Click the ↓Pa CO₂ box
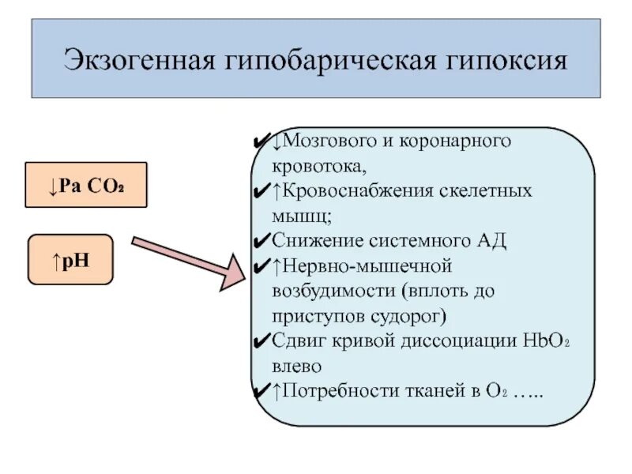(x=86, y=185)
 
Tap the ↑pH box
(x=70, y=258)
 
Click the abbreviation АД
(x=489, y=240)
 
